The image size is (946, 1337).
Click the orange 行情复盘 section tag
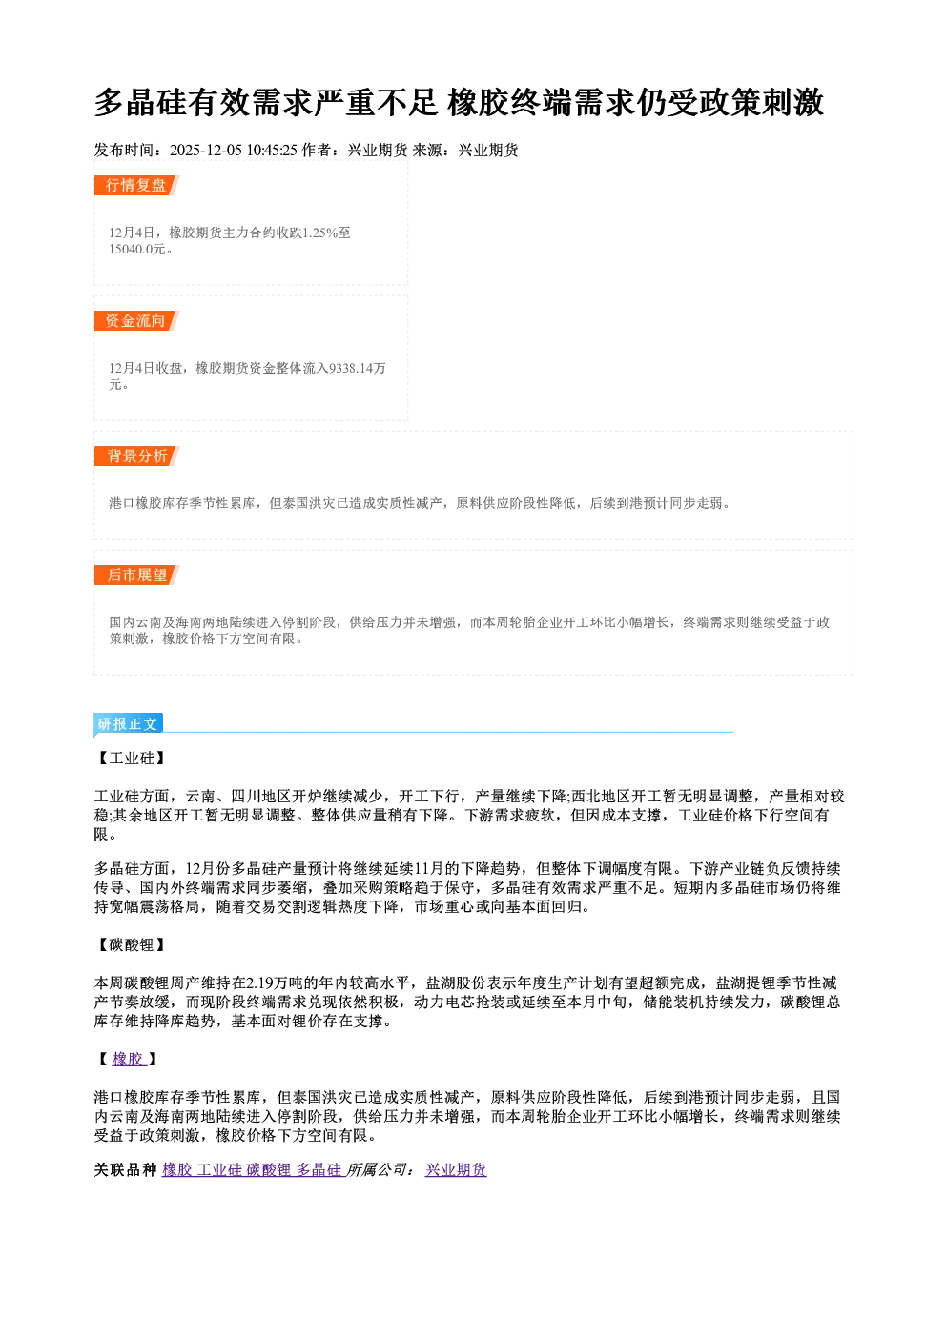tap(136, 185)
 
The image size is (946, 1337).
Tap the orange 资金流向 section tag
tap(136, 320)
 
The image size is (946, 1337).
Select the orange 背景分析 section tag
tap(136, 456)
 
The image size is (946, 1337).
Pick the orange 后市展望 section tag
tap(136, 575)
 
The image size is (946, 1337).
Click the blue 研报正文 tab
tap(128, 724)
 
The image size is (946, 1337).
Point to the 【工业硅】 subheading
tap(132, 758)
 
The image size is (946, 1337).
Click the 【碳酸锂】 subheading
tap(132, 944)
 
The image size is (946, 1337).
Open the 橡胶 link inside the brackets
tap(129, 1059)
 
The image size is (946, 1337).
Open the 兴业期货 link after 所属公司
tap(456, 1169)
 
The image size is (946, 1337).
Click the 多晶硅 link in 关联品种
tap(319, 1169)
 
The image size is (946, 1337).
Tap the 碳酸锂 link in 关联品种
tap(269, 1169)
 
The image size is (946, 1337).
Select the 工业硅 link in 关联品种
tap(219, 1169)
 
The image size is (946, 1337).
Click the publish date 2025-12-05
tap(206, 151)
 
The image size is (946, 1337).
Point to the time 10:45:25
tap(272, 151)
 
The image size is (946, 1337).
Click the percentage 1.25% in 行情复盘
tap(320, 233)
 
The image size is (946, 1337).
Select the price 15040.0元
tap(136, 249)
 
